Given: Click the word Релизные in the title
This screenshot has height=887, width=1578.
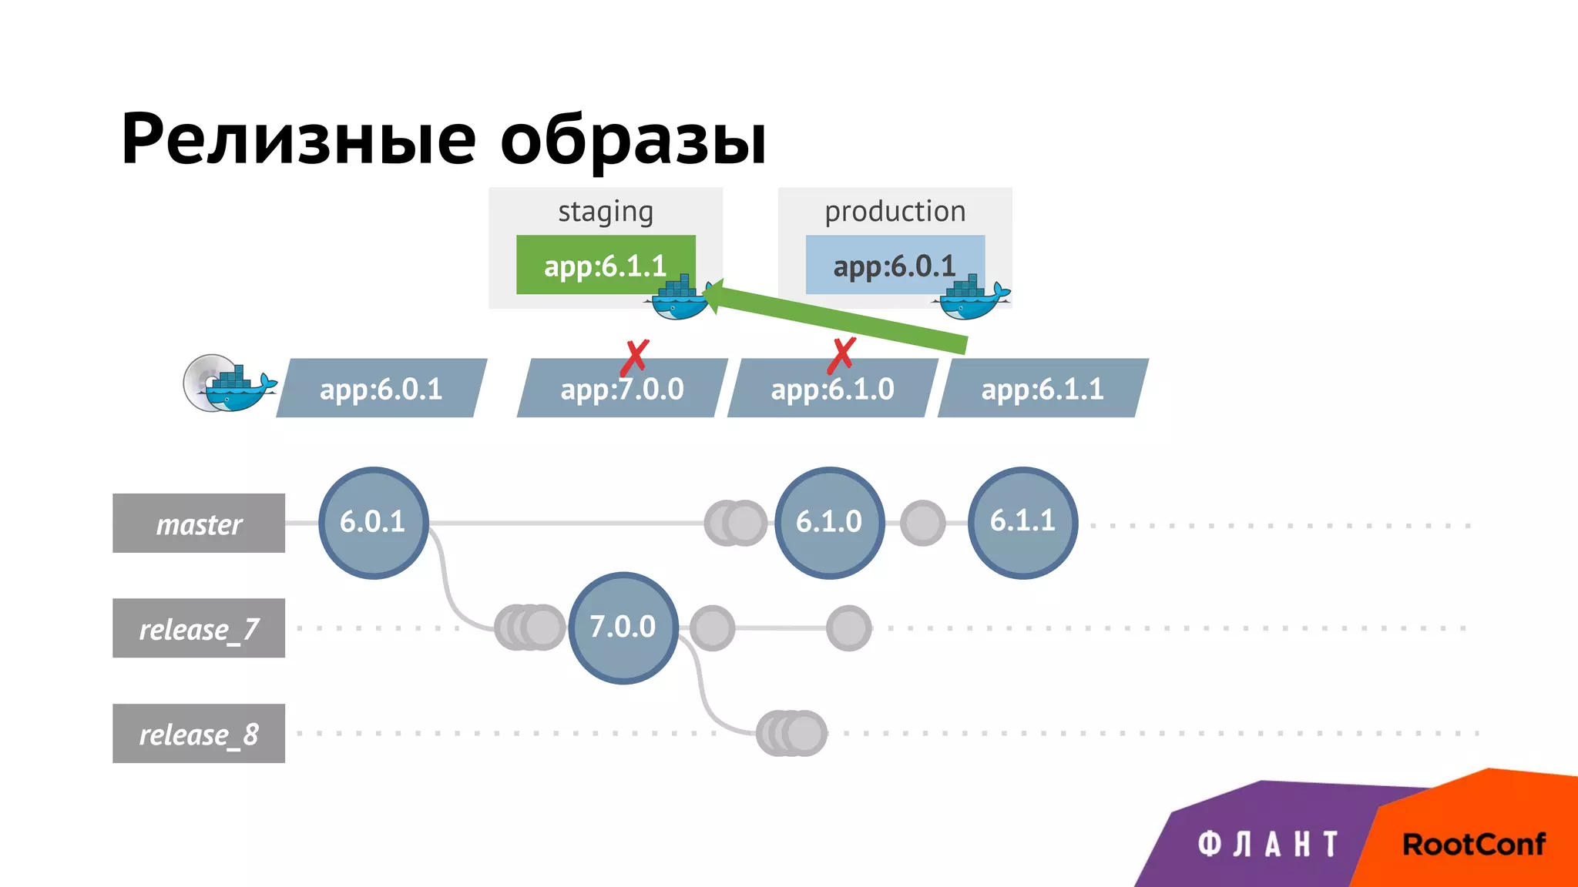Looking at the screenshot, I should point(299,140).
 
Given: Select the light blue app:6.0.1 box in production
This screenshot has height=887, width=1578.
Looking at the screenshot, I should point(894,266).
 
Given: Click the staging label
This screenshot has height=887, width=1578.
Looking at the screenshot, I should point(606,211).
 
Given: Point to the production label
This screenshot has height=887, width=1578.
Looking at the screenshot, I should point(895,211).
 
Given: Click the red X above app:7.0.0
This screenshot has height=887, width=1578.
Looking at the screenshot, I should point(636,356).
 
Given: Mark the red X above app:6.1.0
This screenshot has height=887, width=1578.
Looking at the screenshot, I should point(841,355).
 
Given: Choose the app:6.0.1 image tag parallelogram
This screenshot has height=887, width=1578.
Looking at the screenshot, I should point(381,389).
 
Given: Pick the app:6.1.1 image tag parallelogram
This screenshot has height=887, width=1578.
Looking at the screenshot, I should point(1042,389).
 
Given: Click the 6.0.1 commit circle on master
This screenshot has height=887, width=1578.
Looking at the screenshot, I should point(373,523).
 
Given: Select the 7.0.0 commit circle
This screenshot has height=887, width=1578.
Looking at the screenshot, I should point(623,628).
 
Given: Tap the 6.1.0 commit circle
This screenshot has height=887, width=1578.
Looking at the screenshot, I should point(829,523).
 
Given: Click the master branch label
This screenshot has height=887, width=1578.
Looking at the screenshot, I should point(199,524).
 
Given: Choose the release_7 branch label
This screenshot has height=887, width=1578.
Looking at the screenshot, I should point(199,628).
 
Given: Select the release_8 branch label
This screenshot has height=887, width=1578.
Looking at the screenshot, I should point(199,734).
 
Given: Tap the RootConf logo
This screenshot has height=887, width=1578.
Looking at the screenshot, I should point(1473,845).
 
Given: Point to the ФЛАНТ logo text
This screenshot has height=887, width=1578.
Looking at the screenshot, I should point(1268,845).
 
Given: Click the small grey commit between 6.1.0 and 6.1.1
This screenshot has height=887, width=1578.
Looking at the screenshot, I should point(922,524).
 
